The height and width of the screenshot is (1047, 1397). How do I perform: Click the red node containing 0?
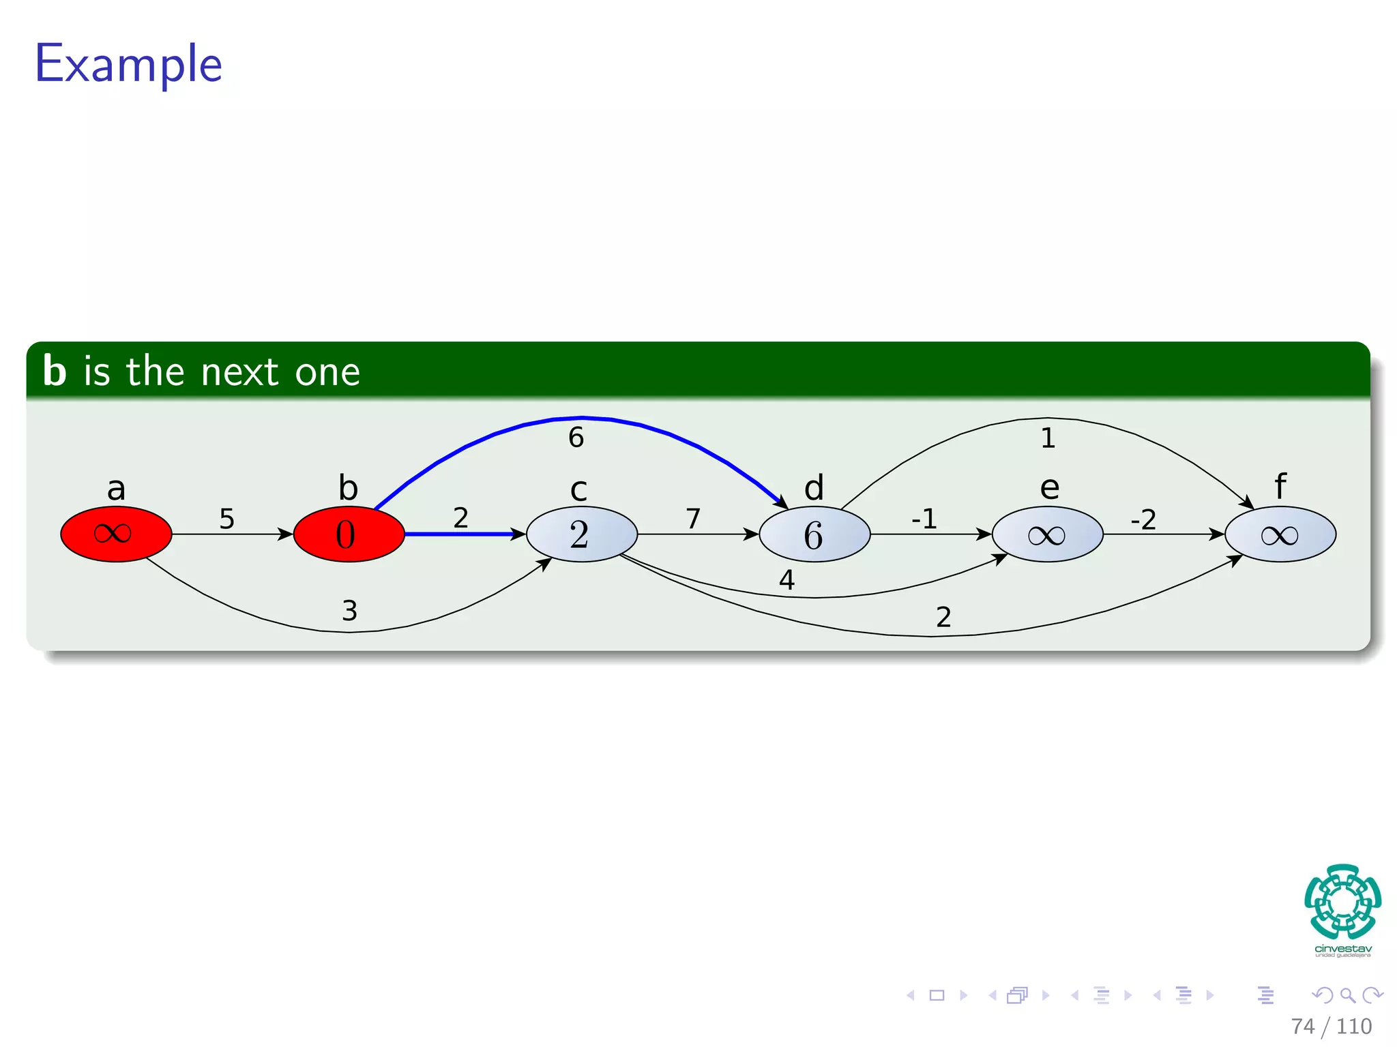pos(349,534)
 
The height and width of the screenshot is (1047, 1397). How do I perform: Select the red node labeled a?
pos(116,534)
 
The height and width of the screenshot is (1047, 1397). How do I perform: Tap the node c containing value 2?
pos(581,534)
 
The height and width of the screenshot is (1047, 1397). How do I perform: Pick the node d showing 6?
pos(814,534)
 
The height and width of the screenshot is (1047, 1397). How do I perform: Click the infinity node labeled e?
pos(1047,534)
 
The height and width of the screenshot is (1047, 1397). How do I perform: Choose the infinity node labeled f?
pos(1280,534)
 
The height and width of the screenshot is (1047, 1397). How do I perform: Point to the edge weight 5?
pos(226,519)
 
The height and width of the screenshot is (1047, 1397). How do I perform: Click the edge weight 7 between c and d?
pos(693,519)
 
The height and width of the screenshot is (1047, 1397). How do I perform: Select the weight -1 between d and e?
pos(924,519)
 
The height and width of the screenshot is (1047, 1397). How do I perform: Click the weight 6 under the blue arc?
pos(576,437)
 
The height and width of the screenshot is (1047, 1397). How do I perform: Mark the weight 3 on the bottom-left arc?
pos(349,611)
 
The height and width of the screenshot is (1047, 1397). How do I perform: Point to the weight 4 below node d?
pos(786,580)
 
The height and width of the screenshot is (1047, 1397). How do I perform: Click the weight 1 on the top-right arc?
pos(1048,438)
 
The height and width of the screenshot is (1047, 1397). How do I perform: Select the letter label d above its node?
pos(814,488)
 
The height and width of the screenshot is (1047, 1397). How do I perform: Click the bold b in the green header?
pos(55,371)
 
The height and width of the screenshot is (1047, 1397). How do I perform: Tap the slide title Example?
pos(128,63)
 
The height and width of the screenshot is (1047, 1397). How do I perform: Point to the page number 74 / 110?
pos(1331,1026)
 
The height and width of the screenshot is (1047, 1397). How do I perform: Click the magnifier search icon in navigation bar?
pos(1347,995)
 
